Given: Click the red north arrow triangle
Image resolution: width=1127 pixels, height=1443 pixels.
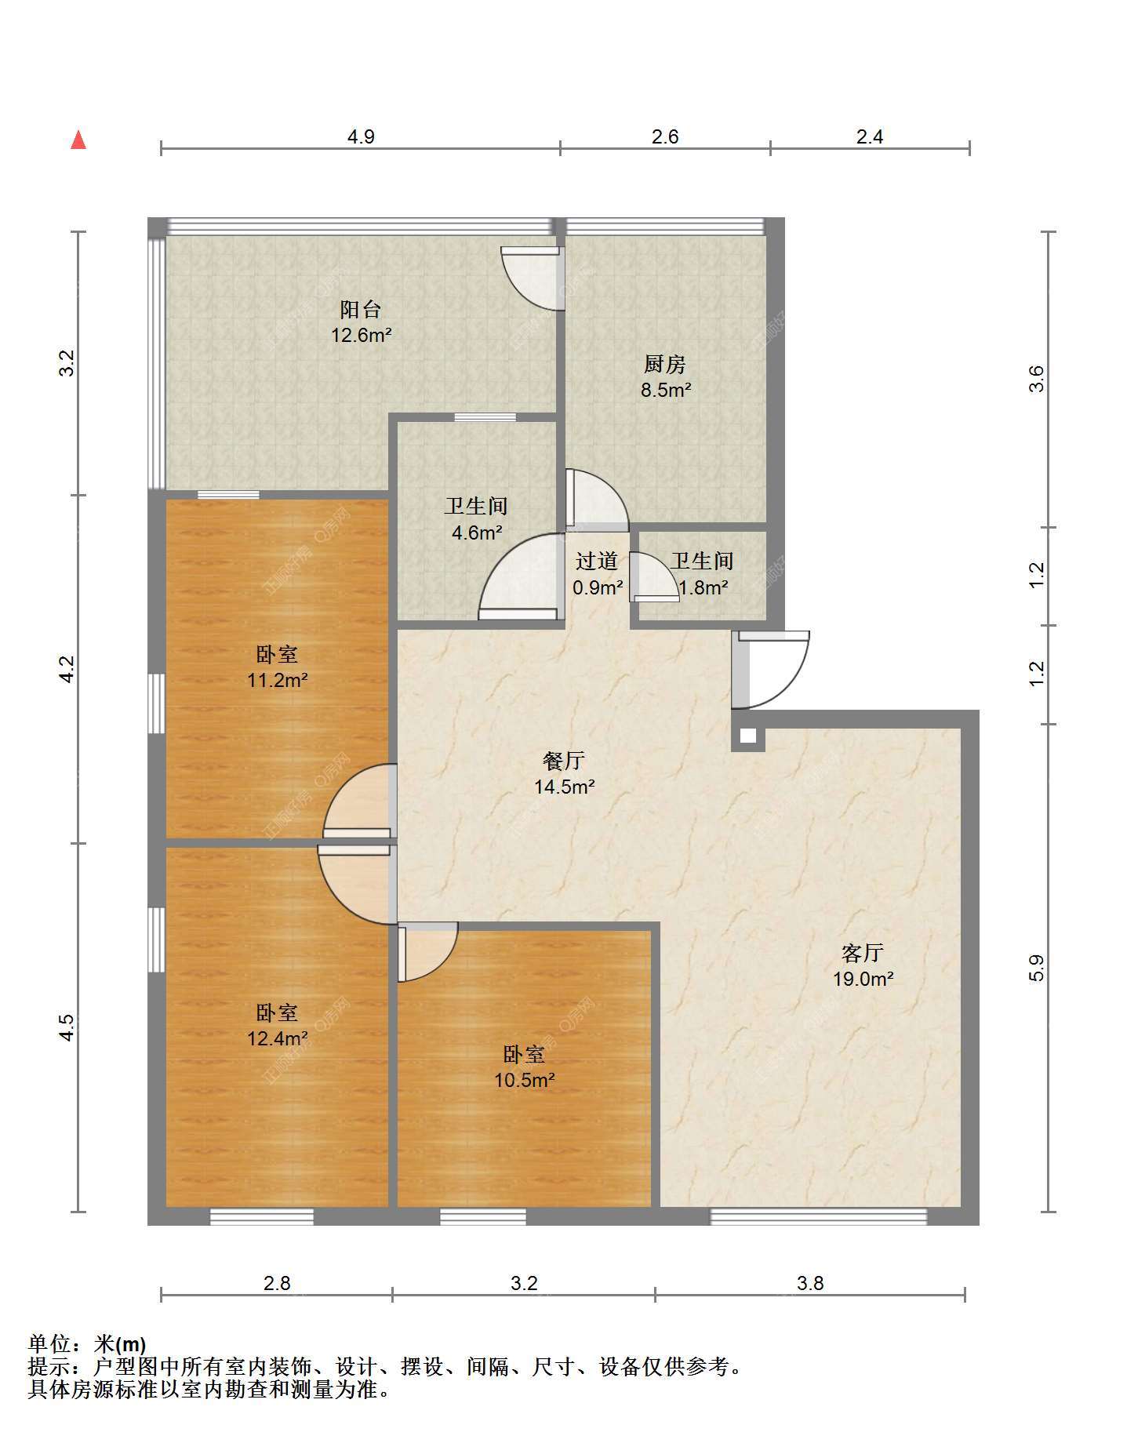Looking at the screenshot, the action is pos(78,140).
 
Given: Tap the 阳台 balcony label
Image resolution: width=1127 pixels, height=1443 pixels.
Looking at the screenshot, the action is pos(361,309).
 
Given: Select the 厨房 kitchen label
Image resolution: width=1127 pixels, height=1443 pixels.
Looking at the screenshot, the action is pos(665,364).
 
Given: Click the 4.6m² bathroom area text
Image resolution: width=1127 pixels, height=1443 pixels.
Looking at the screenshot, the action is pos(477,532).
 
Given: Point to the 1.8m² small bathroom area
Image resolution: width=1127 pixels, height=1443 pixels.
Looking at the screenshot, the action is pos(703,587).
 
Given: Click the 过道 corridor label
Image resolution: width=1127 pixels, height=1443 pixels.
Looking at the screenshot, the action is pos(597,561).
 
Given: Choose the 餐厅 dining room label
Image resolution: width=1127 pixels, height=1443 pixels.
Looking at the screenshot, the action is pos(564,760).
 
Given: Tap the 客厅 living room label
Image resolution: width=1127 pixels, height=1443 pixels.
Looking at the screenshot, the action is pos(863,953).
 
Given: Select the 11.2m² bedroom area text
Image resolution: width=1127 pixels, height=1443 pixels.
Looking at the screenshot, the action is pos(278,680).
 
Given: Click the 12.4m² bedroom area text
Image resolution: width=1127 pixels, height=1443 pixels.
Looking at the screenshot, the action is pos(278,1038).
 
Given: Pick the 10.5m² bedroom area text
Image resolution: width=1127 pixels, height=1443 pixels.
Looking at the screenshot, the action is pos(525,1080).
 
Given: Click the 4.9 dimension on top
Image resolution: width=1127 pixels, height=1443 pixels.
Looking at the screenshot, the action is pos(361,136).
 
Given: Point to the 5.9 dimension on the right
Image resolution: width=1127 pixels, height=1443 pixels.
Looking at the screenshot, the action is pos(1037,968).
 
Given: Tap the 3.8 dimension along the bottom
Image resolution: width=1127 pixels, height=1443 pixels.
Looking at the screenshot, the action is pos(810,1283).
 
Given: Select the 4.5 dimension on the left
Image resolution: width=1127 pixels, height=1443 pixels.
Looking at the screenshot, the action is pos(67,1027).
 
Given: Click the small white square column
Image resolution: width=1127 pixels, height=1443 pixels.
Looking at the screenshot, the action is pos(748,736).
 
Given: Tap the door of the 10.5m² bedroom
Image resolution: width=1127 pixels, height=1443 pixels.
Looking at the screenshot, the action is pos(427,952).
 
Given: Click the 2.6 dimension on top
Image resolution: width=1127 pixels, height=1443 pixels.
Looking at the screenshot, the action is pos(665,136).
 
